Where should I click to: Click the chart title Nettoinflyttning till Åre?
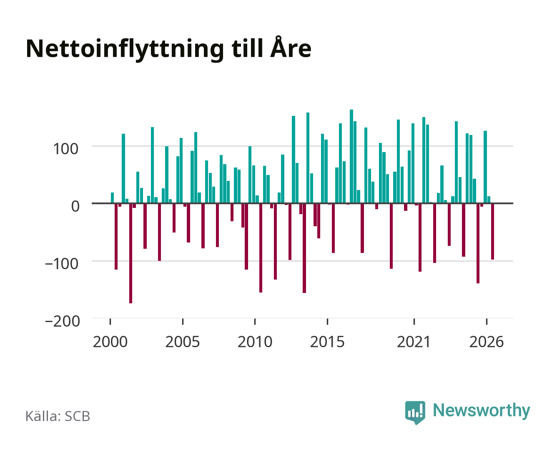168,49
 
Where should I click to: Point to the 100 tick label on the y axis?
65,149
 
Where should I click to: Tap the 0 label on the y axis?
75,206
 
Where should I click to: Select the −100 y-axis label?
62,264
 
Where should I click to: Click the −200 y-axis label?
63,321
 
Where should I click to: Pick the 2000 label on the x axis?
110,342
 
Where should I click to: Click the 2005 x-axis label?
183,342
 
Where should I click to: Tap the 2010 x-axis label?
255,342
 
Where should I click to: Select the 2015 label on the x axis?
327,342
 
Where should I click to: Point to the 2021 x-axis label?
414,342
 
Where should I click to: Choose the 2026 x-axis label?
487,342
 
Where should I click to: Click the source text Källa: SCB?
58,416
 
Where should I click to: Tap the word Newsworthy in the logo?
482,411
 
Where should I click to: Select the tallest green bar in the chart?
351,156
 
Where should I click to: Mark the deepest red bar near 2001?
131,253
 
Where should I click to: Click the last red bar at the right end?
493,232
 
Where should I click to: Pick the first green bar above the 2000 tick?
113,198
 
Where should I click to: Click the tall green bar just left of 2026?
485,167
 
